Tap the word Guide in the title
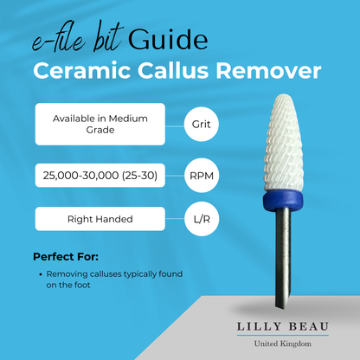tap(169, 39)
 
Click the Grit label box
tap(200, 124)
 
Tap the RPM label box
tap(199, 177)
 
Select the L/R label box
tap(199, 219)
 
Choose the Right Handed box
tap(100, 219)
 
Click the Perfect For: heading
tap(66, 257)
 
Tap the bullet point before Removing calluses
tap(42, 274)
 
